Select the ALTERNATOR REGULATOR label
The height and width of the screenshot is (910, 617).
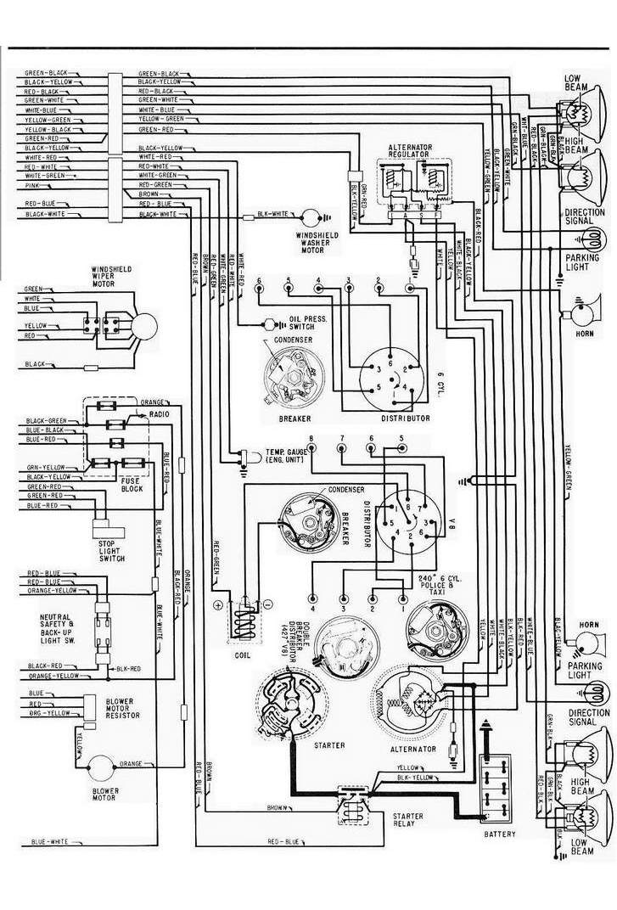411,152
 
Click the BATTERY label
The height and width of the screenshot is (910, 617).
499,834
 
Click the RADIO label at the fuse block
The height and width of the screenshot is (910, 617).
159,414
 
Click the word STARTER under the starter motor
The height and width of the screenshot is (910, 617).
305,745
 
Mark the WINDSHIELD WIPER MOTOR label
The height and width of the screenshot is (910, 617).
115,277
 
